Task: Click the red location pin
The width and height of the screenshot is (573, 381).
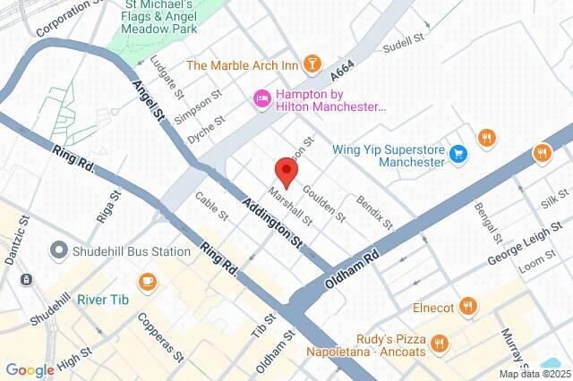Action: pos(286,170)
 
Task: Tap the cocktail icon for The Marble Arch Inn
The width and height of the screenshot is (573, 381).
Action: pos(312,63)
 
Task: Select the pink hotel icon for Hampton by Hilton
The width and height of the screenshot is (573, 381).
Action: pos(262,98)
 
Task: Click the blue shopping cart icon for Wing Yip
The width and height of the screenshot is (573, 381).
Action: pos(458,154)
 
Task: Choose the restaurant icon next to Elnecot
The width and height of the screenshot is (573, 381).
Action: pos(467,308)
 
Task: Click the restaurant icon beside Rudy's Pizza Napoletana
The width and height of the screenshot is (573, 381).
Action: pos(439,342)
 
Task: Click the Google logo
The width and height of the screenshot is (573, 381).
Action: pos(30,370)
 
